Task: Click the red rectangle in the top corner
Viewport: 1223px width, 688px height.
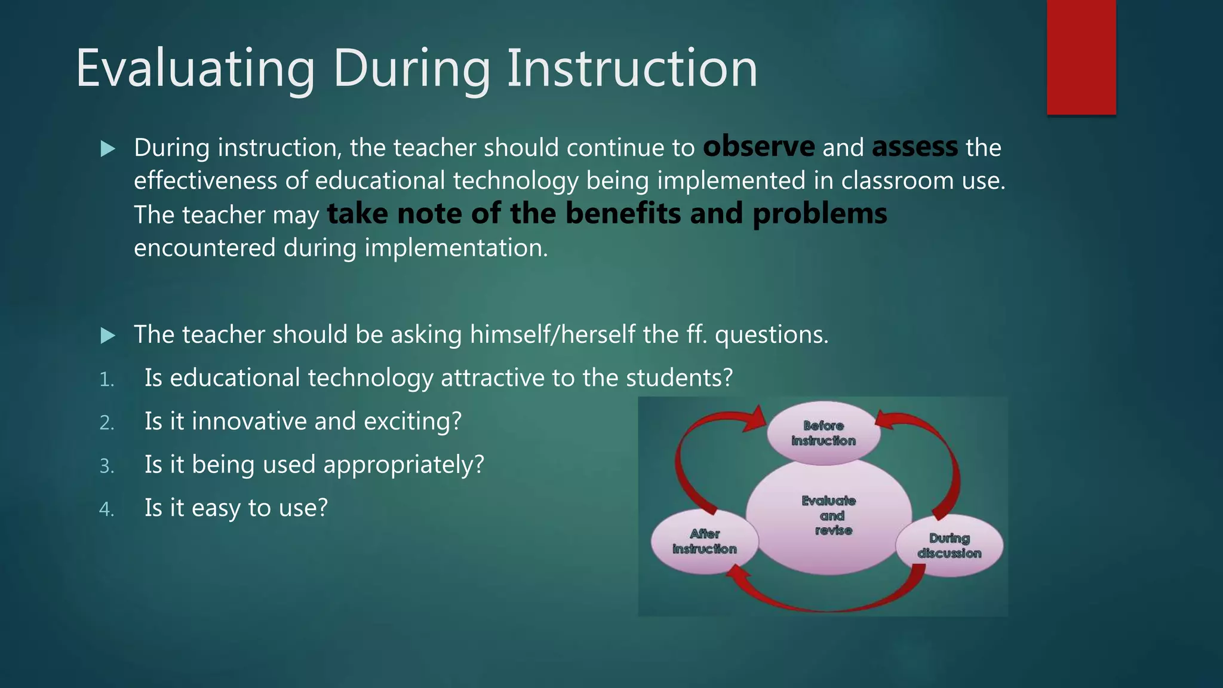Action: coord(1081,57)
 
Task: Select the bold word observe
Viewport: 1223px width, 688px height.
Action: coord(758,147)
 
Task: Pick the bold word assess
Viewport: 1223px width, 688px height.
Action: coord(914,147)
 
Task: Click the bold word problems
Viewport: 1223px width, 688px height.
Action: coord(819,214)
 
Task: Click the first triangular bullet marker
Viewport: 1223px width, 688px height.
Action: coord(108,149)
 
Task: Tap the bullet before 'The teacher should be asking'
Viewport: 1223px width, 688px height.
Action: coord(108,336)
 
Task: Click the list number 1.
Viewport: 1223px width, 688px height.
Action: coord(106,380)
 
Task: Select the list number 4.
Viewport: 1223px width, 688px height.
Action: coord(106,509)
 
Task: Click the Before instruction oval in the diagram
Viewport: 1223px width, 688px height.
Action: coord(823,433)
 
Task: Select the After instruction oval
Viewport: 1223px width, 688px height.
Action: coord(704,542)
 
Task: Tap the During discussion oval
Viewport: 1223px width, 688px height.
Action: coord(949,546)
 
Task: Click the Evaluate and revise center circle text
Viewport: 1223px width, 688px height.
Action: coord(829,515)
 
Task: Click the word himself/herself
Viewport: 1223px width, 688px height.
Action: coord(552,334)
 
